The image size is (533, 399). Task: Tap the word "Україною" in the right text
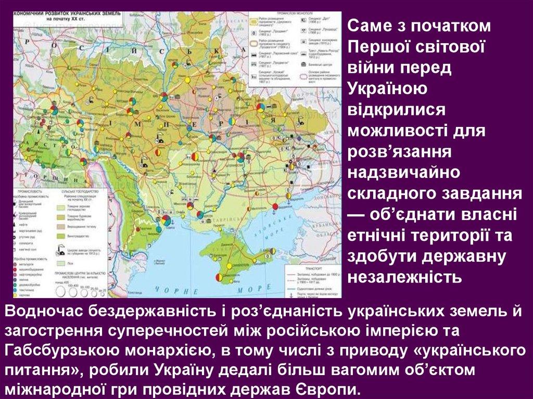pyautogui.click(x=388, y=88)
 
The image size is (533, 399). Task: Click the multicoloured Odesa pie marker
pyautogui.click(x=166, y=221)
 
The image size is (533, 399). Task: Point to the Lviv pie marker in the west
pyautogui.click(x=54, y=110)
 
